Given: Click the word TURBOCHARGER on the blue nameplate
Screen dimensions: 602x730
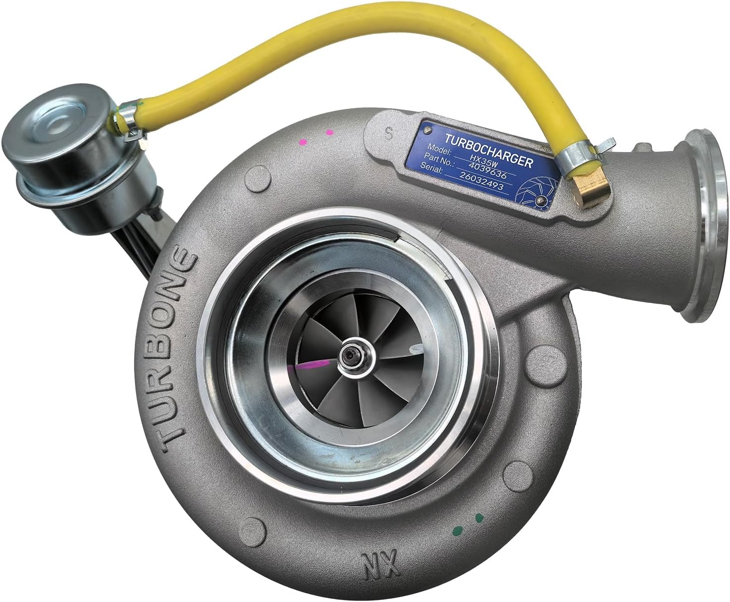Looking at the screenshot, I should (488, 149).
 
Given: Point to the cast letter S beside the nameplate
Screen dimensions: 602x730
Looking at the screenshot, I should (389, 133).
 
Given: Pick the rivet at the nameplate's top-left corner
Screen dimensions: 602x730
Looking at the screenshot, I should (427, 129).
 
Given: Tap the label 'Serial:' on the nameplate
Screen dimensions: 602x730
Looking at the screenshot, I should (430, 166).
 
